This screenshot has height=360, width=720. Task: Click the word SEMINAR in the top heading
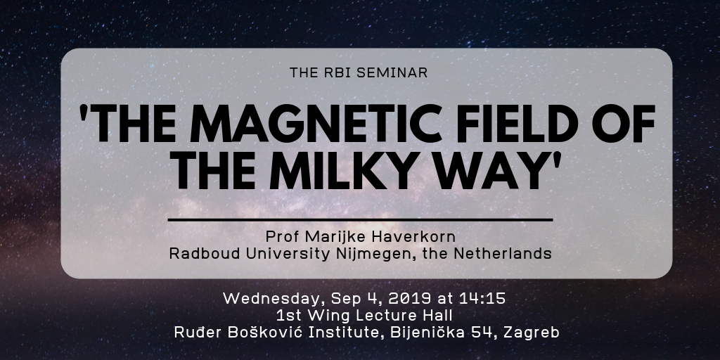pyautogui.click(x=392, y=72)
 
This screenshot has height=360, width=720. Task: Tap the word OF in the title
pyautogui.click(x=624, y=124)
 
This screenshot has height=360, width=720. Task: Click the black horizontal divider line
pyautogui.click(x=360, y=220)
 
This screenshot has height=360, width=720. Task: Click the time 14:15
pyautogui.click(x=482, y=298)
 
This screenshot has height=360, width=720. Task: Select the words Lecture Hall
pyautogui.click(x=404, y=316)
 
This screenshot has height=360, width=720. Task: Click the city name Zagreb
pyautogui.click(x=532, y=333)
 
